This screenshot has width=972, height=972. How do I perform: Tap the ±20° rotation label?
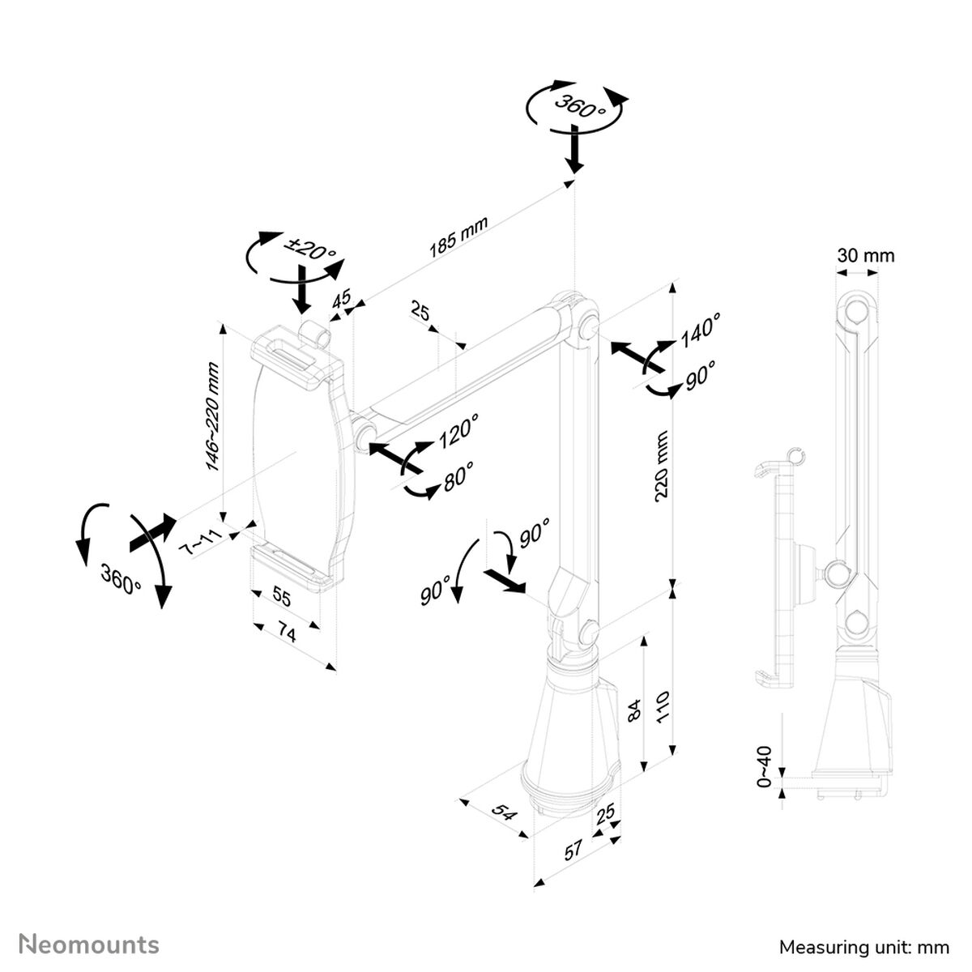[x=309, y=249]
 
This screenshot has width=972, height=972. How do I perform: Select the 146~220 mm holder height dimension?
[x=212, y=416]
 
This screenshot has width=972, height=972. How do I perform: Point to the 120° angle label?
[x=458, y=430]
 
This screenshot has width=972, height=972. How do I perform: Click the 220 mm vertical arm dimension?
[x=661, y=466]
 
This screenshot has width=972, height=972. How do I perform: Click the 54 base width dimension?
[x=504, y=812]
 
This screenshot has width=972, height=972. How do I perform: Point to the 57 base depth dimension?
[x=573, y=850]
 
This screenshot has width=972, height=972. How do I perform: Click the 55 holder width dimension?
[x=279, y=597]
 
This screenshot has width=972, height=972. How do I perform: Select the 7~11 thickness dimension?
[x=198, y=540]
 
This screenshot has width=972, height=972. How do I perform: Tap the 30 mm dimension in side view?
[x=866, y=256]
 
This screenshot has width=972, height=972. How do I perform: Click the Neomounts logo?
[x=89, y=944]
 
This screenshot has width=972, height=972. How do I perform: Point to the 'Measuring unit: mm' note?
[x=863, y=946]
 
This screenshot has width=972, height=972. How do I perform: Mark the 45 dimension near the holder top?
[x=343, y=298]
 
